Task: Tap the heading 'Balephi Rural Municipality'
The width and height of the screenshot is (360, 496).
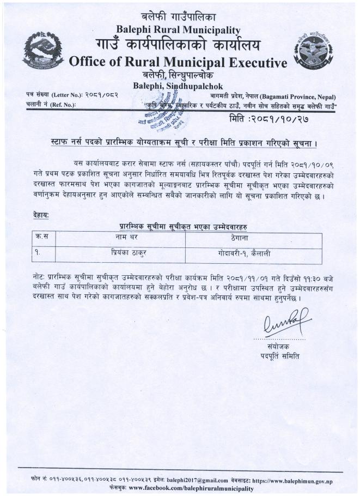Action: click(x=179, y=29)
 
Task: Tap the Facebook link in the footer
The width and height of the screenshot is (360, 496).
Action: click(x=191, y=488)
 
